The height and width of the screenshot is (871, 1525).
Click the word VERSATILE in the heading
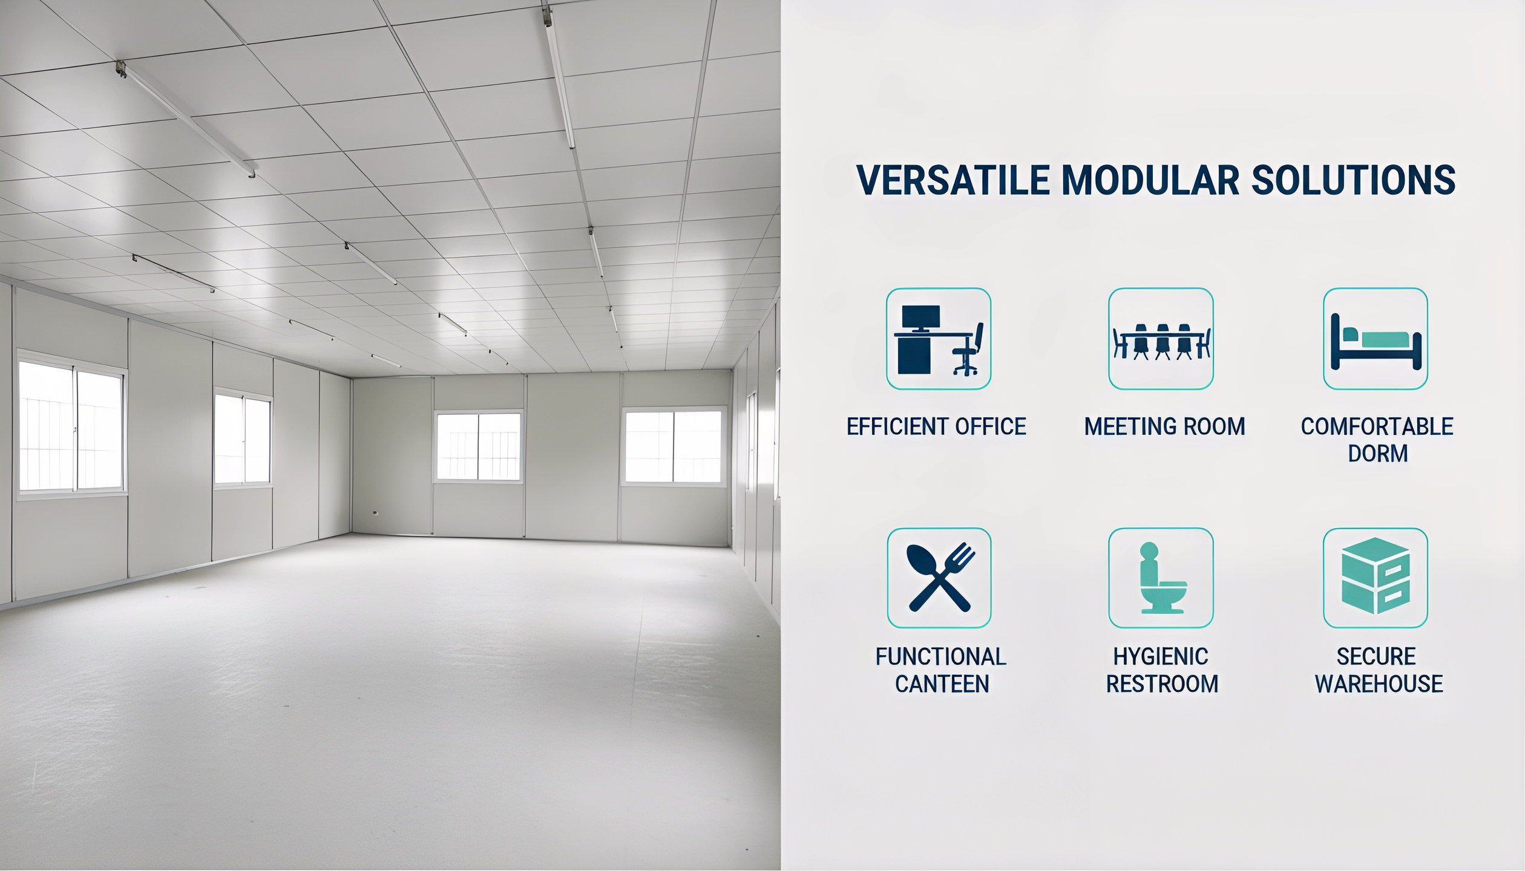[x=953, y=180]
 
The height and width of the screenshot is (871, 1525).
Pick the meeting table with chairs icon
[x=1161, y=342]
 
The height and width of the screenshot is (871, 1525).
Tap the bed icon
[x=1376, y=342]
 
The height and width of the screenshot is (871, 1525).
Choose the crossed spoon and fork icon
[x=940, y=578]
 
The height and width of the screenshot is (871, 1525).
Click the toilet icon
[x=1162, y=578]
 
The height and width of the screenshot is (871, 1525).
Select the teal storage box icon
[x=1376, y=576]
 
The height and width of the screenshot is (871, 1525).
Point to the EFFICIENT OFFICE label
[x=936, y=426]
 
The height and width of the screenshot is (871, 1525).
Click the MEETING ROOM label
[x=1164, y=426]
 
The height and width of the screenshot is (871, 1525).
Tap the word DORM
[x=1378, y=454]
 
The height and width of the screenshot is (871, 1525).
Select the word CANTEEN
[x=942, y=684]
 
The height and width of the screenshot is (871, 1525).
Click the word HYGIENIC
[x=1161, y=657]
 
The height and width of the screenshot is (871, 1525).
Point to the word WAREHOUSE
[x=1379, y=684]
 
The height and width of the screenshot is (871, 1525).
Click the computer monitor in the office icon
[x=920, y=318]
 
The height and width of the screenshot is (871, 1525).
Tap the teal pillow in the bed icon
[x=1350, y=334]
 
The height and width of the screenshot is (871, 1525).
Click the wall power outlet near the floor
[x=375, y=513]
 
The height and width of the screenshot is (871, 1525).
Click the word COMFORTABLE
[x=1377, y=426]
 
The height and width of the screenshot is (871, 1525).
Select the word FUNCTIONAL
[x=941, y=657]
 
